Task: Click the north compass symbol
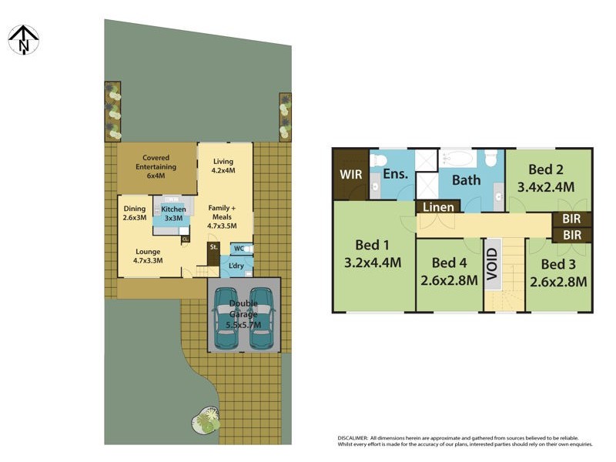coord(23,39)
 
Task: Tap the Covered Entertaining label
coord(156,162)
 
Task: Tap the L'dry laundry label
coord(236,266)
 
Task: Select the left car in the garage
coord(227,318)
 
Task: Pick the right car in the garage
coord(262,318)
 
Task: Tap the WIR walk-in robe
coord(350,175)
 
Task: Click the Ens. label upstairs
coord(394,175)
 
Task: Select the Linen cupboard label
coord(437,207)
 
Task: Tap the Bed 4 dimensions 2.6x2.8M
coord(449,280)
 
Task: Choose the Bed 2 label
coord(547,169)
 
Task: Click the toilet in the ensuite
coord(378,159)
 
